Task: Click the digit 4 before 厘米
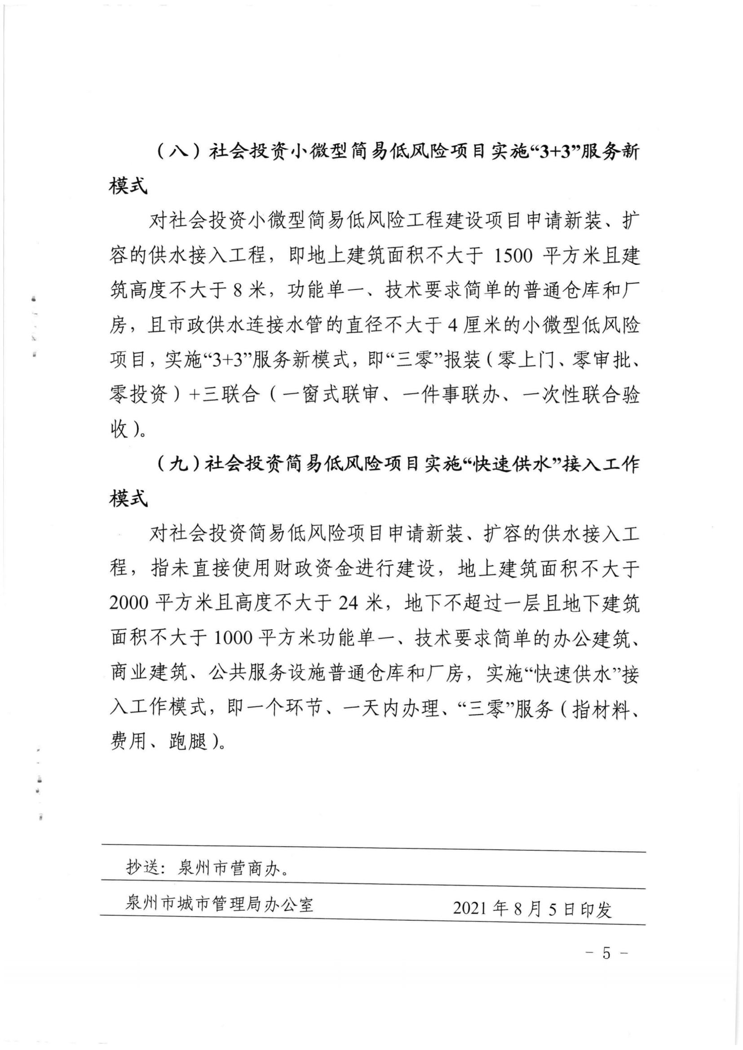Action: (453, 326)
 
